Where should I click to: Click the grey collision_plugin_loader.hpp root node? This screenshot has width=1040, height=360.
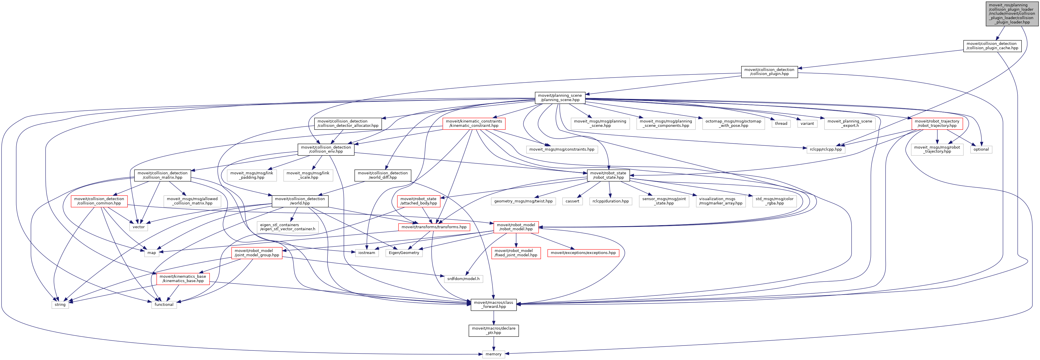click(x=1011, y=14)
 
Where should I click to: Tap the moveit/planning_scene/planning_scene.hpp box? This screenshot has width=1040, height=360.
click(x=560, y=98)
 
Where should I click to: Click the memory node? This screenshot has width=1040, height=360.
click(x=493, y=354)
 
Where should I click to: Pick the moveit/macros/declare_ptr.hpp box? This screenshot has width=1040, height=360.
click(x=493, y=330)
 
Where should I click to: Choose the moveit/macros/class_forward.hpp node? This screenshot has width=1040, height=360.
click(x=493, y=305)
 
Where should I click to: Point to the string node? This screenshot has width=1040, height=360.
click(x=60, y=305)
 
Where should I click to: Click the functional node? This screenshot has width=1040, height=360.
click(x=164, y=305)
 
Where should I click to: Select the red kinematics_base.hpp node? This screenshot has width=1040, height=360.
click(x=183, y=279)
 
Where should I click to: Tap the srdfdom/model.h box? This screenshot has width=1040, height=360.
click(x=463, y=279)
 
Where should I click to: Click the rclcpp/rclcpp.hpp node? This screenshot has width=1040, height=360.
click(x=826, y=149)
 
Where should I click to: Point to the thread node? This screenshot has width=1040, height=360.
click(x=781, y=123)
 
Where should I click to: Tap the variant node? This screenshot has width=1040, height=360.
click(x=807, y=123)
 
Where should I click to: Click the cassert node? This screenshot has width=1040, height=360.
click(x=572, y=201)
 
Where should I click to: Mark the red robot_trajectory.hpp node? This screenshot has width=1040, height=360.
click(x=937, y=123)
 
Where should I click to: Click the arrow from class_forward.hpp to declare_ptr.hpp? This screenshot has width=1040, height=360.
click(x=493, y=318)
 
